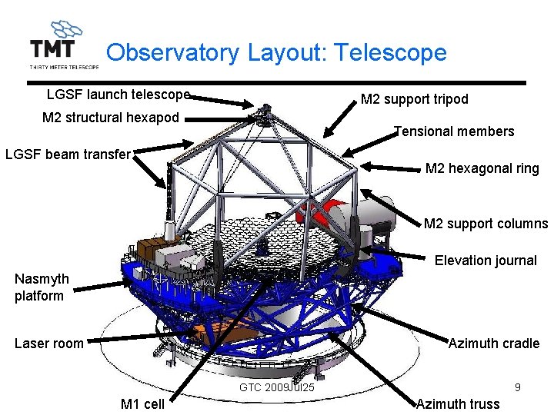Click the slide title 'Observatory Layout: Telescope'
276,52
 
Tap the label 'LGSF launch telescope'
118,95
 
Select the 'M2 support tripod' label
414,99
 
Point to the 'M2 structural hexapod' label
110,118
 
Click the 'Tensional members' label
454,131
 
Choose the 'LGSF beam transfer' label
68,154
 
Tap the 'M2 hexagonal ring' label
482,168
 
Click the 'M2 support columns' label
486,224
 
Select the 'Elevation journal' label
486,261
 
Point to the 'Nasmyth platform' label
42,287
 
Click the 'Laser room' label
48,344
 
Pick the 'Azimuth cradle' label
494,344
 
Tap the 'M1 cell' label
142,404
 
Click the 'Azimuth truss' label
458,404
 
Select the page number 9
518,387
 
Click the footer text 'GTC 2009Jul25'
277,387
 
